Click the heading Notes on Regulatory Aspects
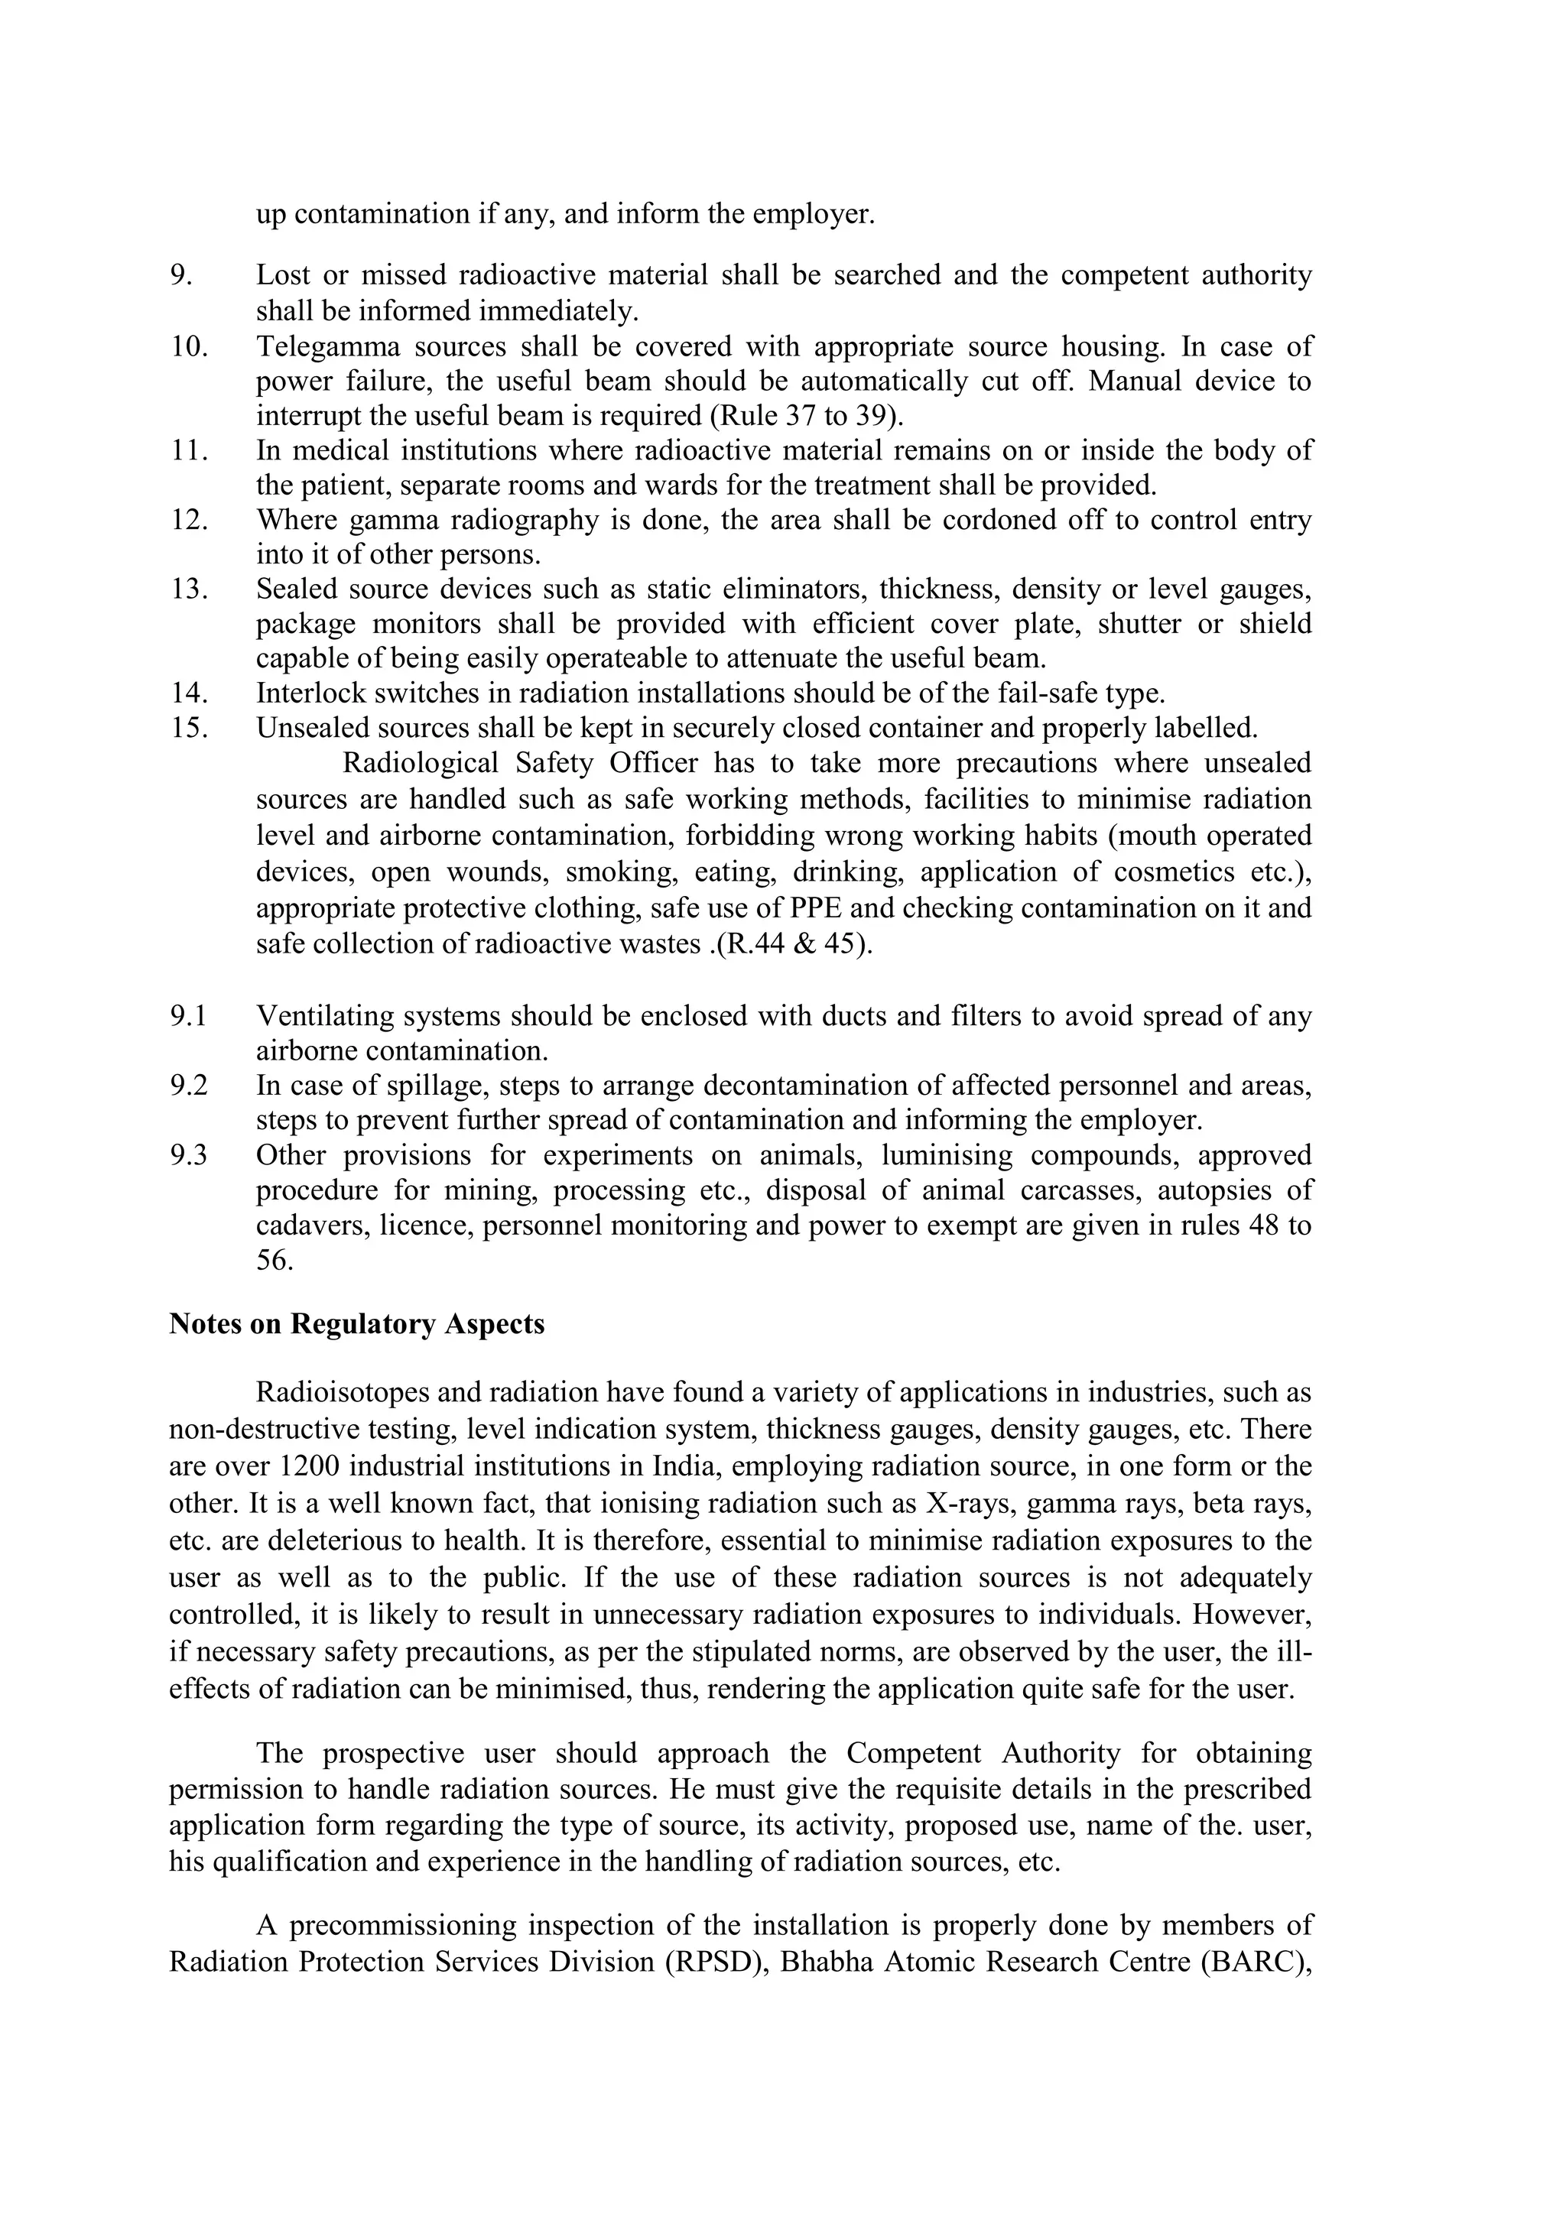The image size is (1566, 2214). [x=357, y=1324]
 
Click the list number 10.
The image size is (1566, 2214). [x=190, y=346]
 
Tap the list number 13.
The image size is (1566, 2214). [x=190, y=589]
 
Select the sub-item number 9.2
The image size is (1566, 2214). [x=188, y=1086]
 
